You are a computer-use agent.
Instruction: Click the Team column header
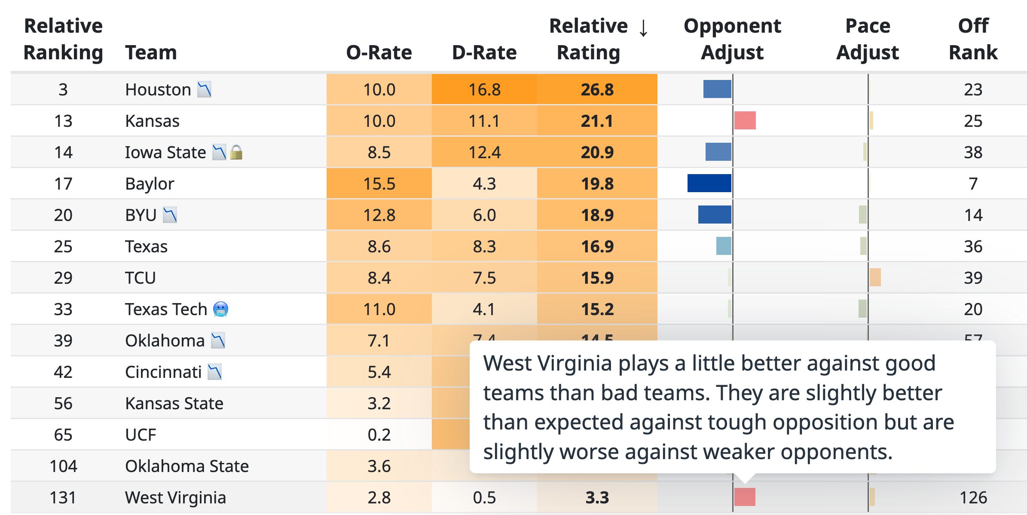click(x=151, y=52)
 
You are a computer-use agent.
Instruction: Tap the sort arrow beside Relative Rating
click(x=643, y=28)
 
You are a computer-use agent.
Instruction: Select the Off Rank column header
click(x=973, y=39)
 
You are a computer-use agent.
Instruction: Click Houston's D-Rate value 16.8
click(x=484, y=89)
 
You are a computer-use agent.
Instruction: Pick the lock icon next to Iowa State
click(x=236, y=152)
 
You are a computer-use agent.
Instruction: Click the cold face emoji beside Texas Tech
click(x=220, y=309)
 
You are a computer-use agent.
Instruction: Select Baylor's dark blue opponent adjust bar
click(x=709, y=183)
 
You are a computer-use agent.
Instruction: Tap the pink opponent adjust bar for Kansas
click(x=745, y=120)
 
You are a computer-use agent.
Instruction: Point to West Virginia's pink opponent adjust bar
click(x=745, y=497)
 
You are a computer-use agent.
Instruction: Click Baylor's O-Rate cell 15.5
click(x=379, y=184)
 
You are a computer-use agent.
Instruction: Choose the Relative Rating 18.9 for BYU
click(x=597, y=215)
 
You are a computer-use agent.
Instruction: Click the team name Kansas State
click(x=174, y=403)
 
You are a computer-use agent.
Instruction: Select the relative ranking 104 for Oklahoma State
click(x=63, y=466)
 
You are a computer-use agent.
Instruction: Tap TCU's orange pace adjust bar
click(x=875, y=277)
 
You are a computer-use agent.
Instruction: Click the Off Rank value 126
click(x=973, y=497)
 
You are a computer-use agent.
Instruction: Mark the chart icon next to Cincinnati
click(x=214, y=372)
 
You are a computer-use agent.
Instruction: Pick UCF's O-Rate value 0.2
click(x=379, y=435)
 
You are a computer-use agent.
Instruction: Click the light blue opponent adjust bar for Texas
click(x=724, y=246)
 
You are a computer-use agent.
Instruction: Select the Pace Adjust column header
click(x=867, y=39)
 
